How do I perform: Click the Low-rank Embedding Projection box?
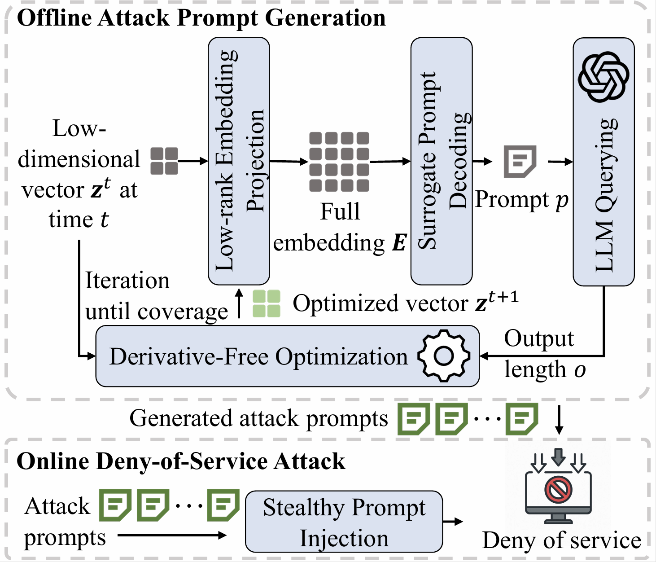(x=239, y=161)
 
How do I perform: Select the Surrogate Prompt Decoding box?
(x=442, y=161)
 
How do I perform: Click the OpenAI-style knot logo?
(x=604, y=77)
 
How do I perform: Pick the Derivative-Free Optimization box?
(x=287, y=356)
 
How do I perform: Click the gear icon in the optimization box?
(x=444, y=356)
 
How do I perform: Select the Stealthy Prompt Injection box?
(x=344, y=522)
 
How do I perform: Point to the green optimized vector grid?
(x=267, y=304)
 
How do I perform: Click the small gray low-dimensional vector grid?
(x=164, y=161)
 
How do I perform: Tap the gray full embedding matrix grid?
(x=339, y=162)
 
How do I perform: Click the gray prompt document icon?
(x=520, y=161)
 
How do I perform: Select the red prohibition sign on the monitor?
(x=558, y=489)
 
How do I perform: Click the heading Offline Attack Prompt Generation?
(x=201, y=18)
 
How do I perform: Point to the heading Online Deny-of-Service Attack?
(x=181, y=461)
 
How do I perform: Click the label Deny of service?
(x=561, y=540)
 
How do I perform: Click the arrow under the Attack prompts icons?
(x=172, y=535)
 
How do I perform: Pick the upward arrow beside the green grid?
(x=239, y=303)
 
